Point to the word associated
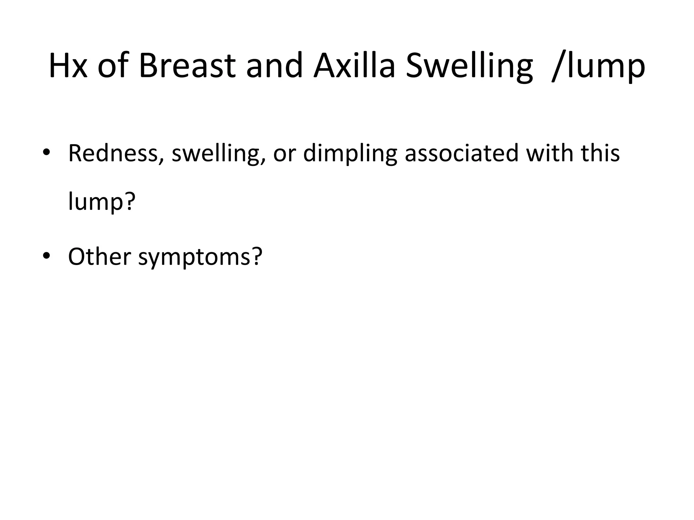[x=462, y=153]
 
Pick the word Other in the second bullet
[x=99, y=256]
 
